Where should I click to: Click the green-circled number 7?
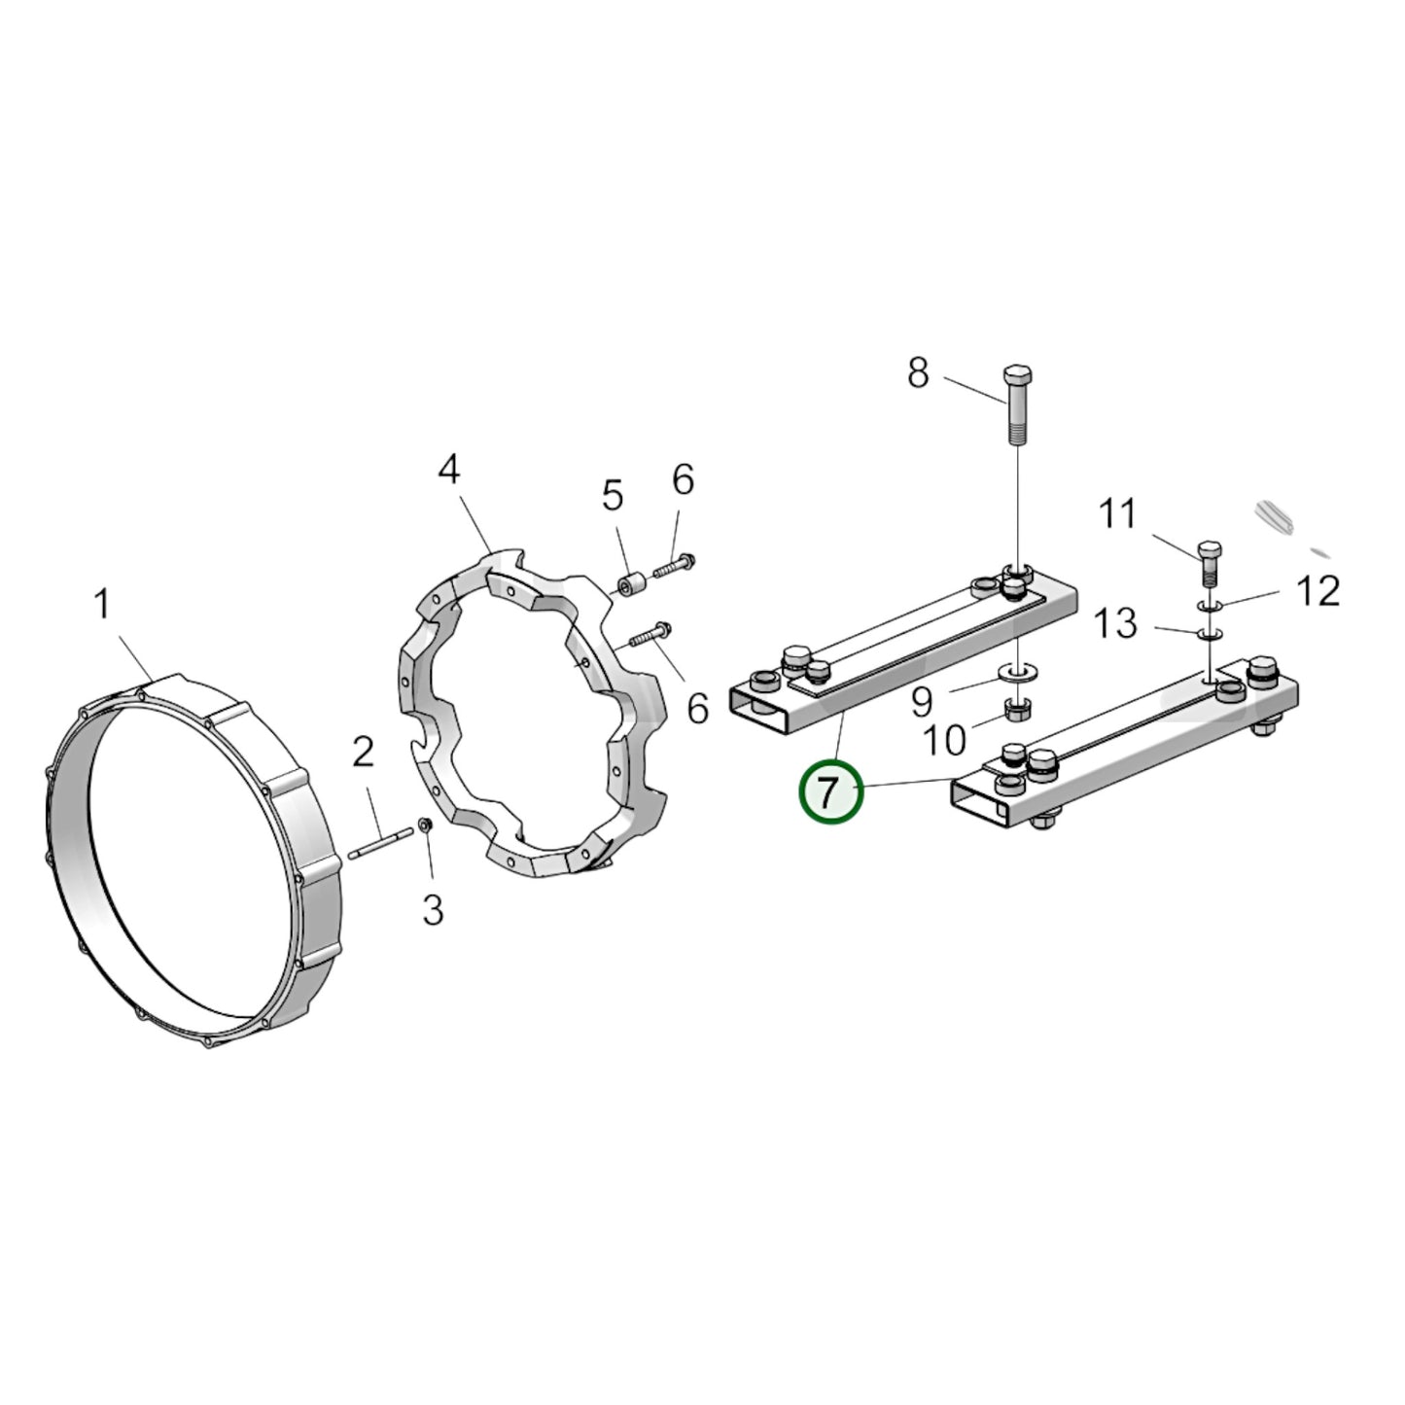pyautogui.click(x=830, y=792)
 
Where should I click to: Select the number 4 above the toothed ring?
pyautogui.click(x=449, y=471)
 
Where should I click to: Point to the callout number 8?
pyautogui.click(x=918, y=372)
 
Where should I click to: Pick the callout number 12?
pyautogui.click(x=1317, y=591)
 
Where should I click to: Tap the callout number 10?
pyautogui.click(x=944, y=742)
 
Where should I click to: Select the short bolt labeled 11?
pyautogui.click(x=1210, y=563)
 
